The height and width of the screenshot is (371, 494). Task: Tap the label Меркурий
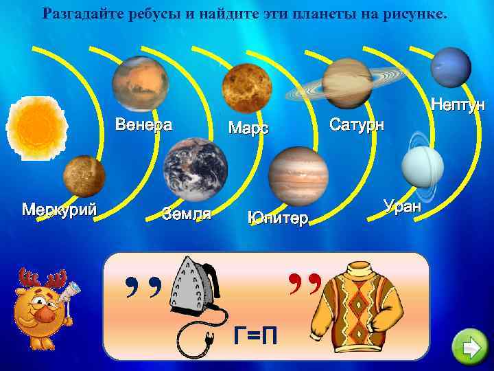click(x=59, y=208)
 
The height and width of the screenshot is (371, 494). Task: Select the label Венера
click(x=143, y=125)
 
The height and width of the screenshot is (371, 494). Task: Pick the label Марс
click(x=248, y=128)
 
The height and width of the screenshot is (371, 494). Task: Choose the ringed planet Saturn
click(x=346, y=83)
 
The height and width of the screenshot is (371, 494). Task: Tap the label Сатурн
click(x=357, y=125)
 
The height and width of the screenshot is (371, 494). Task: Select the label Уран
click(x=404, y=205)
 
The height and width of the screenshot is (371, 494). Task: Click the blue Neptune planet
click(x=451, y=66)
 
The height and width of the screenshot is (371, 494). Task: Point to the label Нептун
click(x=457, y=105)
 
